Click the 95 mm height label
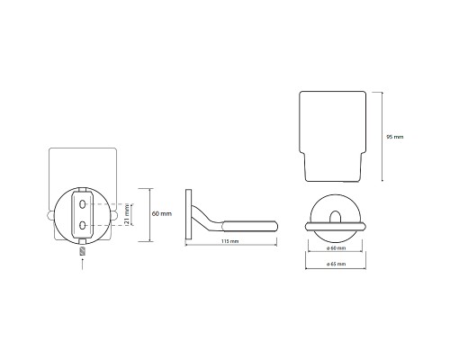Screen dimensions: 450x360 395,137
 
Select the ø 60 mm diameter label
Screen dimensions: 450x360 336,248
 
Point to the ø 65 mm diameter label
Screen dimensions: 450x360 336,264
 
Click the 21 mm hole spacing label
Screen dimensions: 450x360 127,214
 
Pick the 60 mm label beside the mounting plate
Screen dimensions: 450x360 162,214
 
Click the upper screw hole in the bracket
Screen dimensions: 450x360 82,204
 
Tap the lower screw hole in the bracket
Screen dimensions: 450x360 82,225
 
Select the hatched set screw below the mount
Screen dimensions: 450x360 83,251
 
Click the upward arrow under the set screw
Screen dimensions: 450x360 83,265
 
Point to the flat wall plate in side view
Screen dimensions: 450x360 189,214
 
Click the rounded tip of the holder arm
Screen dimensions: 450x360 274,226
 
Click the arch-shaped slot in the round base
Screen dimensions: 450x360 336,217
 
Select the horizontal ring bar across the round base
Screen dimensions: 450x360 336,227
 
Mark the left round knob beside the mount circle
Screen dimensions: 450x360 50,215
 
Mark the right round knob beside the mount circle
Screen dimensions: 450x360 114,215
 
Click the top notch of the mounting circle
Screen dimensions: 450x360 82,190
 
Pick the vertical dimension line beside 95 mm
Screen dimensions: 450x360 382,137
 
